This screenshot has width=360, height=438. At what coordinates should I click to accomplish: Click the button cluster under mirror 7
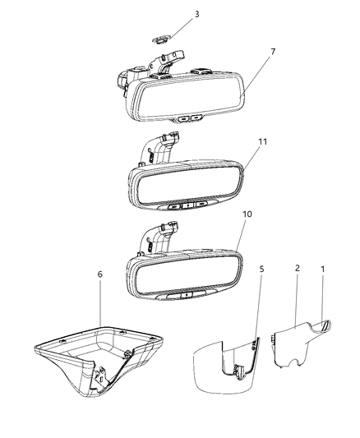click(189, 118)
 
